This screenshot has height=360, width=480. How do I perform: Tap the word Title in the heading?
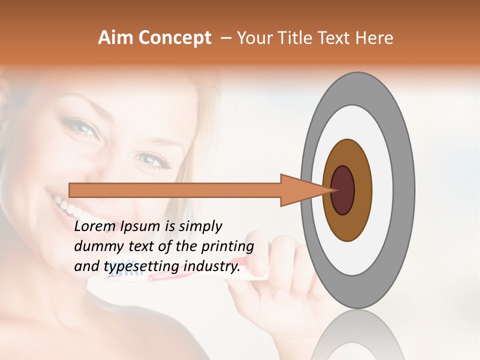click(x=298, y=38)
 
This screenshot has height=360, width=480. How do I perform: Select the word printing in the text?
click(x=227, y=246)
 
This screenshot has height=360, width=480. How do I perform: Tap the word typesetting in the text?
click(x=140, y=266)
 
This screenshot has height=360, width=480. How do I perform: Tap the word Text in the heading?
click(x=337, y=38)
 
